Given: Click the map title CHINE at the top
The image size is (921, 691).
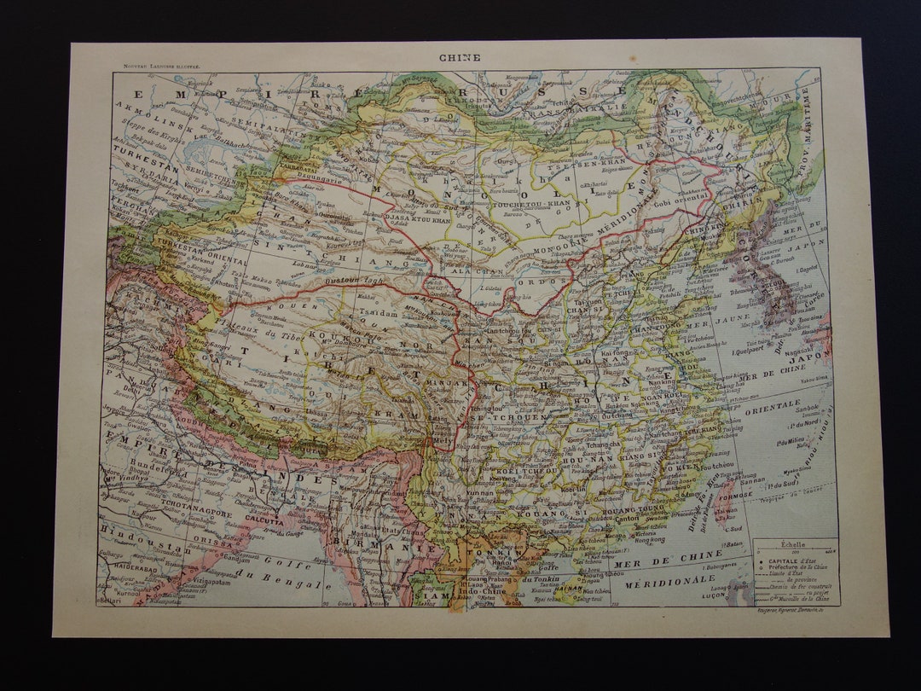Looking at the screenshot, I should point(460,58).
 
